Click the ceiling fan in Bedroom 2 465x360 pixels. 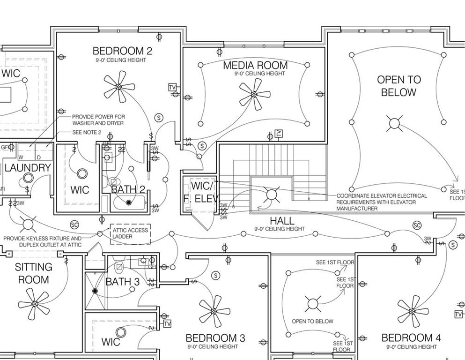tap(119, 87)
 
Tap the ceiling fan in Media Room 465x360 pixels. tap(254, 94)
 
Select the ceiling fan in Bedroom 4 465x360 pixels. tap(413, 311)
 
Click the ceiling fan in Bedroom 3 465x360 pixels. tap(214, 311)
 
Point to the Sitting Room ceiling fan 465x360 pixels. tap(34, 304)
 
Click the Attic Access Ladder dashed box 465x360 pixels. tap(130, 233)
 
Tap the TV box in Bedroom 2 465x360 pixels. tap(172, 88)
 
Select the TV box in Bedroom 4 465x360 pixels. tap(458, 314)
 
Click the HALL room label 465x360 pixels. tap(282, 221)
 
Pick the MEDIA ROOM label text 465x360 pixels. tap(255, 65)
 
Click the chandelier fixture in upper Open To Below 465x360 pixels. tap(394, 124)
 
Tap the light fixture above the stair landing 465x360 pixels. tap(271, 194)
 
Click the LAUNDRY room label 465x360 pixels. tap(28, 168)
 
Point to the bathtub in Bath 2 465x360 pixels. tap(128, 202)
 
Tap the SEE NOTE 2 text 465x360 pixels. tap(87, 133)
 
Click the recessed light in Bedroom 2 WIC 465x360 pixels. tap(82, 173)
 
